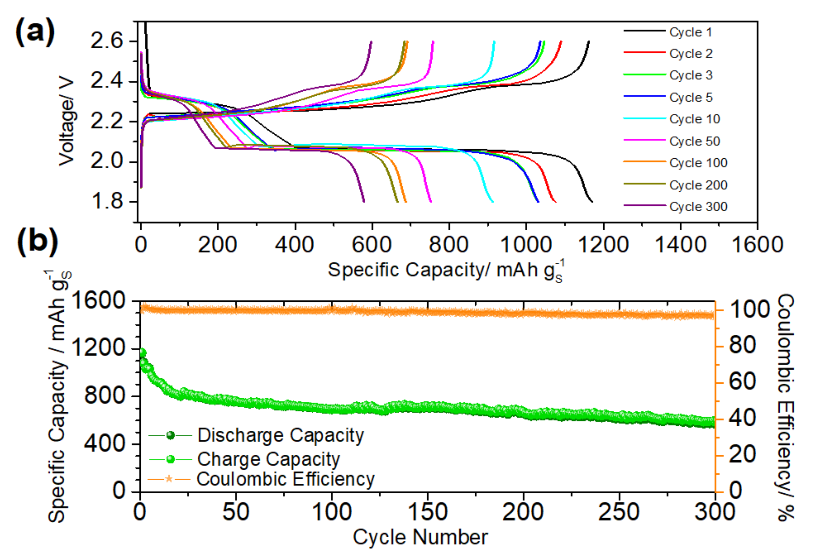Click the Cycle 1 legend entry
tap(690, 32)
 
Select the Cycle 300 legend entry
tap(698, 206)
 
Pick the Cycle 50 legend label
tap(695, 141)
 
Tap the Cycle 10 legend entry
tap(695, 119)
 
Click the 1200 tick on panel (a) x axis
tap(603, 244)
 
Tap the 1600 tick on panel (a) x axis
tap(757, 244)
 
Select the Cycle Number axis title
tap(420, 537)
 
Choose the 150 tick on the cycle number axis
tap(428, 512)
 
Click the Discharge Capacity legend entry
tap(280, 435)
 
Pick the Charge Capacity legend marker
tap(170, 459)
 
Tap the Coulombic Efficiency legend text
tap(285, 479)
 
